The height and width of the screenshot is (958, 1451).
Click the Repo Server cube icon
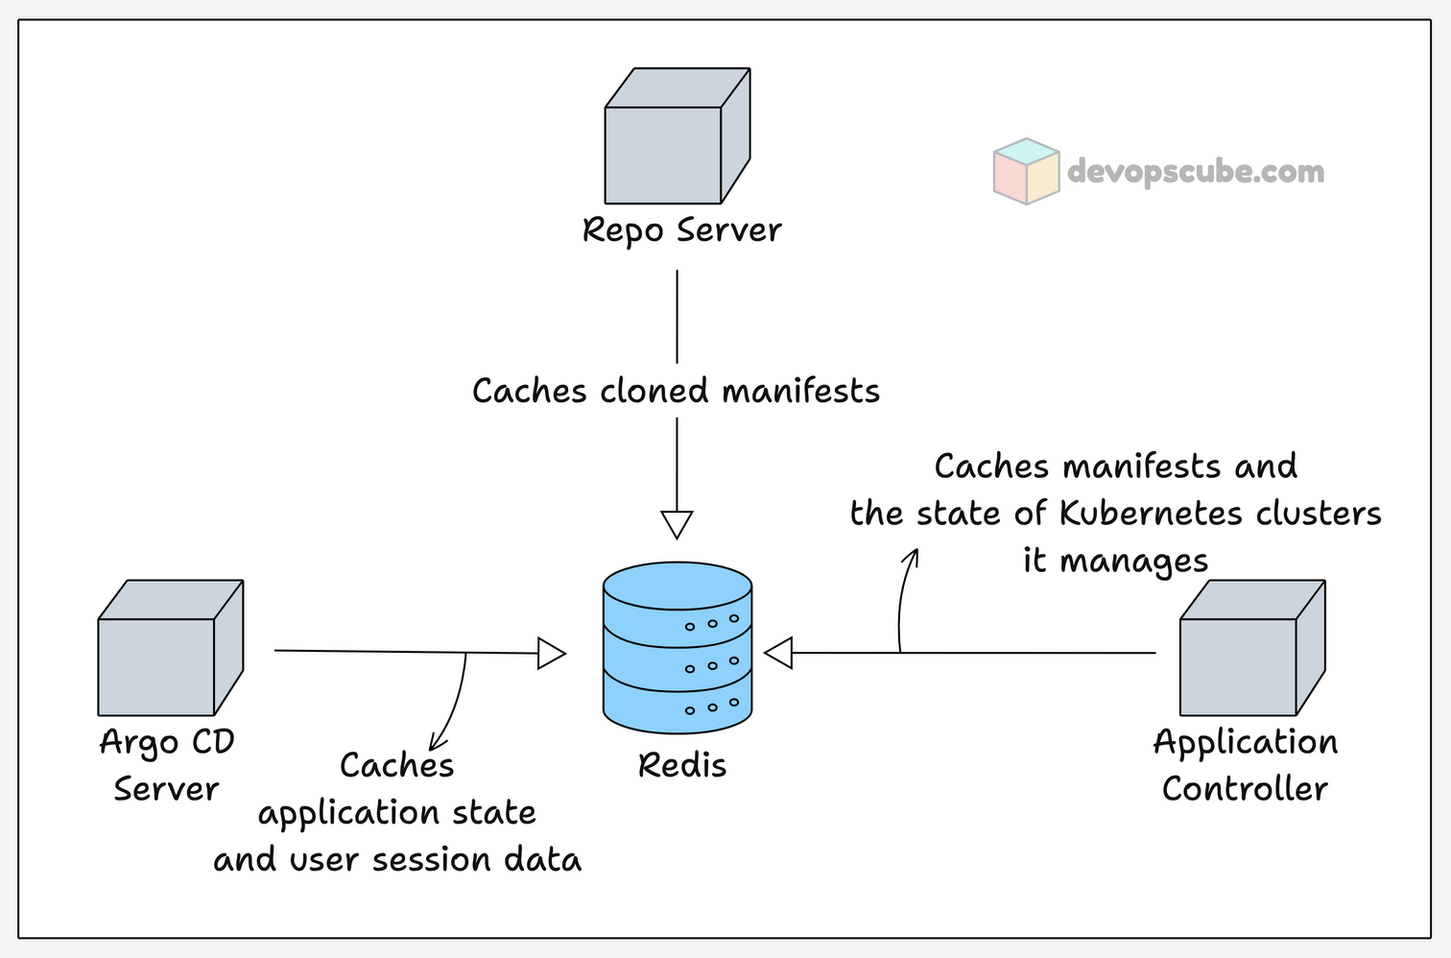click(x=677, y=136)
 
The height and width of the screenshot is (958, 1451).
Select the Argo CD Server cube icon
click(x=170, y=648)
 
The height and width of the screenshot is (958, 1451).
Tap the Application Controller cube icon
click(x=1251, y=648)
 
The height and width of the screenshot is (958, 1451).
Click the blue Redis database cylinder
click(x=678, y=648)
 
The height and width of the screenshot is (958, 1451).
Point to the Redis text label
click(x=681, y=766)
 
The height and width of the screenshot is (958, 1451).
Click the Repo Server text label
click(x=681, y=230)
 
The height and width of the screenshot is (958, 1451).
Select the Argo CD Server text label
click(x=167, y=765)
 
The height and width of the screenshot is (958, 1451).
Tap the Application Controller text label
click(x=1245, y=765)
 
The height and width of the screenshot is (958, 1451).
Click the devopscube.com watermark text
click(x=1195, y=172)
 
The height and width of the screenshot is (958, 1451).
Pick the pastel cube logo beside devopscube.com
click(x=1026, y=171)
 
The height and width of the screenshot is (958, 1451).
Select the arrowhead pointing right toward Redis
click(x=551, y=654)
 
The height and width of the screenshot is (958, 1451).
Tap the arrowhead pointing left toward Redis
click(x=778, y=654)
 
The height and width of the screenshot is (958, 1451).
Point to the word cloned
click(x=654, y=392)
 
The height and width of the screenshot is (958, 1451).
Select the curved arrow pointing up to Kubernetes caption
click(x=904, y=595)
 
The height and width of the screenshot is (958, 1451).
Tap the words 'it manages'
click(x=1115, y=561)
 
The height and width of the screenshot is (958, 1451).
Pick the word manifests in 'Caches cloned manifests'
click(x=800, y=392)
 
